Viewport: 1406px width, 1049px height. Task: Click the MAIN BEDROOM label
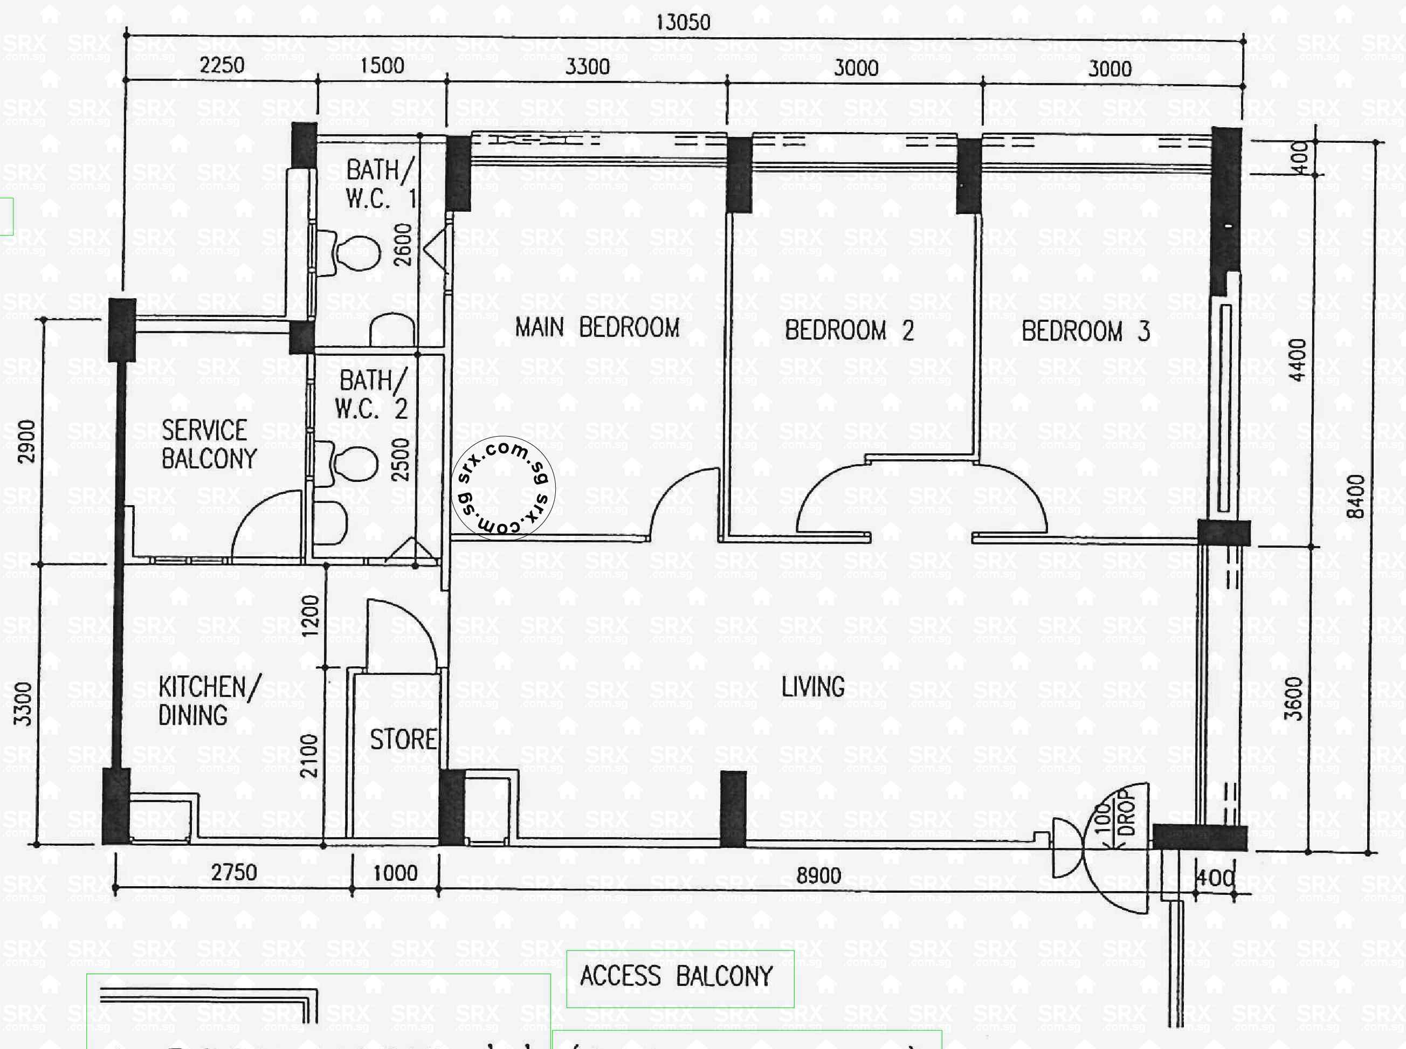pyautogui.click(x=597, y=328)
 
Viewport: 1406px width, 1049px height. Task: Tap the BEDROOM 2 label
pyautogui.click(x=849, y=330)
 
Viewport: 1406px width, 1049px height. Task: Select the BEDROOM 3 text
pyautogui.click(x=1085, y=332)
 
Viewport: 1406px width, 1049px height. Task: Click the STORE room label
pyautogui.click(x=403, y=740)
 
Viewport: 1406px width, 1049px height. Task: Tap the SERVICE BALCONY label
pyautogui.click(x=208, y=445)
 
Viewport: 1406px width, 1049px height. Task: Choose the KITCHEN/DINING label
pyautogui.click(x=208, y=701)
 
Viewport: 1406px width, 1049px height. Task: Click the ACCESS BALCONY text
pyautogui.click(x=677, y=976)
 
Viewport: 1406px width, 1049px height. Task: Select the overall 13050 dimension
pyautogui.click(x=683, y=23)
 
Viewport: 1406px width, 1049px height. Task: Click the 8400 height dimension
pyautogui.click(x=1355, y=496)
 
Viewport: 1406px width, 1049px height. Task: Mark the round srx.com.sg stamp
pyautogui.click(x=503, y=488)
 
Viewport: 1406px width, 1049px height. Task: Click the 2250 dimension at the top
pyautogui.click(x=222, y=65)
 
